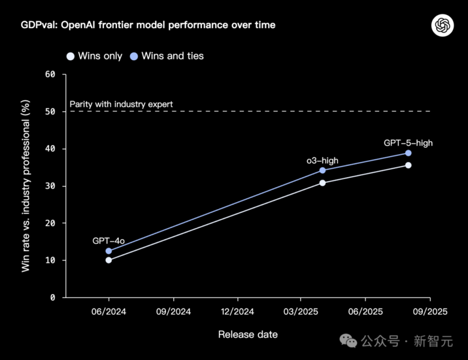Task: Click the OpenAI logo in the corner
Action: (442, 25)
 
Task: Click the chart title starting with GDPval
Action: (148, 25)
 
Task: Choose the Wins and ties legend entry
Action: (167, 56)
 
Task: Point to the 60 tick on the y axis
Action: (50, 74)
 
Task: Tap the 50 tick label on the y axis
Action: (50, 112)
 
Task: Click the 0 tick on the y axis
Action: (53, 297)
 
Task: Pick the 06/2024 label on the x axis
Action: (109, 312)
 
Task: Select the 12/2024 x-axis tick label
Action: (237, 312)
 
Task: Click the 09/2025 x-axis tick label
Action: (429, 312)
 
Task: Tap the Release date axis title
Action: (248, 335)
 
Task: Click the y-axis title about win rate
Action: (26, 186)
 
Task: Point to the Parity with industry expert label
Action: (121, 105)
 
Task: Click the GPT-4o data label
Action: (109, 241)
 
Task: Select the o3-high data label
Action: (322, 161)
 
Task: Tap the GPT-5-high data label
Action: (408, 143)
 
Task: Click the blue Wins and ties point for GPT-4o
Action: (109, 251)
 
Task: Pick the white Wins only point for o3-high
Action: (322, 183)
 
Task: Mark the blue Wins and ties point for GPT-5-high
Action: (408, 153)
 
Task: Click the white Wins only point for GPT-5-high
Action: (408, 165)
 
